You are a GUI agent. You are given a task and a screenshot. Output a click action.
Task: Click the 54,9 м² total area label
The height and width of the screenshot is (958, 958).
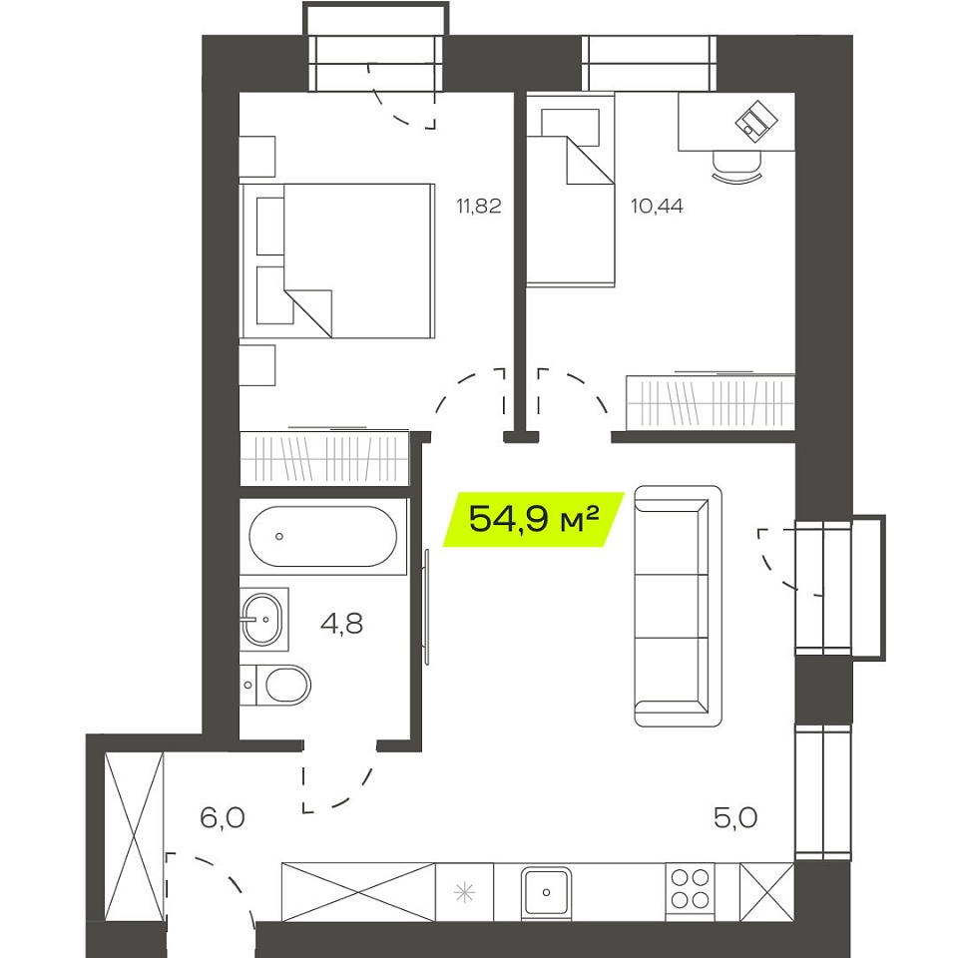point(533,519)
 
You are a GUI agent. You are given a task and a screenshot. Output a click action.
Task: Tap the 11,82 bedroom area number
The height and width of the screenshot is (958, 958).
point(479,207)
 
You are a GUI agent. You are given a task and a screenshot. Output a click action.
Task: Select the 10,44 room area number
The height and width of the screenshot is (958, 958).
point(657,207)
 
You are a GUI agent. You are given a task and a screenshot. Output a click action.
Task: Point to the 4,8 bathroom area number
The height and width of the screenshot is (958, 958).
point(342,624)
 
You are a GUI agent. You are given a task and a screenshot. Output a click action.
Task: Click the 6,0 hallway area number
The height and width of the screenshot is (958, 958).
point(223,817)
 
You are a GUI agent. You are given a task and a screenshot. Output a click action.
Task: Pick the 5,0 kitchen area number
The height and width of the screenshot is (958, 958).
point(735,817)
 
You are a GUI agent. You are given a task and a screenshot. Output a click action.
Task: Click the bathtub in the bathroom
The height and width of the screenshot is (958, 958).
point(323,537)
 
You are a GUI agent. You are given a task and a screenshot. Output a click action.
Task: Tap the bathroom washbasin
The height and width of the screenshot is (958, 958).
point(262,619)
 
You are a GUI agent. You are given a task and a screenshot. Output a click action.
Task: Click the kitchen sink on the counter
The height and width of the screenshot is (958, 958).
point(546,892)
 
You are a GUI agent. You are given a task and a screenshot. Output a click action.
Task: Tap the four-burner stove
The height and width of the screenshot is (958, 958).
point(690,889)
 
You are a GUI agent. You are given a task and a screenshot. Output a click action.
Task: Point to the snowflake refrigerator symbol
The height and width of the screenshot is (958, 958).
point(465,892)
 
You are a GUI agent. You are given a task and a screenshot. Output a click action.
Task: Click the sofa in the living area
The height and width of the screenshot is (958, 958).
point(679,606)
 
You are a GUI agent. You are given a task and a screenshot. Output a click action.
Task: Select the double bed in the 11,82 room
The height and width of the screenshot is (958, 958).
point(338,260)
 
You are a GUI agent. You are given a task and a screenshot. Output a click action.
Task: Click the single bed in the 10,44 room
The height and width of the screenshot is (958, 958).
point(571,190)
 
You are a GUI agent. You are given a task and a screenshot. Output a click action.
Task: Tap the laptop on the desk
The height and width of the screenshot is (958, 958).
point(757,121)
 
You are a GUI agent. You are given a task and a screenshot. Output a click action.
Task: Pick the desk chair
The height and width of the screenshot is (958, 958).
point(737,166)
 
